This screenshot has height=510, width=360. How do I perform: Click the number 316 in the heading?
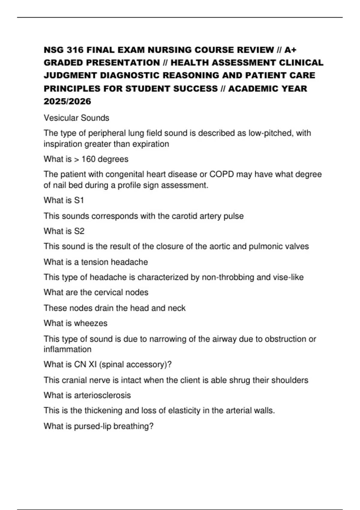pos(75,50)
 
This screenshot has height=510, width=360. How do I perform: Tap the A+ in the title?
pos(290,50)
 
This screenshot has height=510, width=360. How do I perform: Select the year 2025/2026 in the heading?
pos(67,101)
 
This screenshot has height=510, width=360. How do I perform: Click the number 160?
pos(88,159)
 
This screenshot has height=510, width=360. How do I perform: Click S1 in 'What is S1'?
pos(79,200)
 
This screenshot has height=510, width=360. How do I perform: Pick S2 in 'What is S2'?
pos(79,231)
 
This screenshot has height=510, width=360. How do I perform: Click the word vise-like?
pos(288,277)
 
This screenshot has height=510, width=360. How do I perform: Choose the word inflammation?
pos(67,349)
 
